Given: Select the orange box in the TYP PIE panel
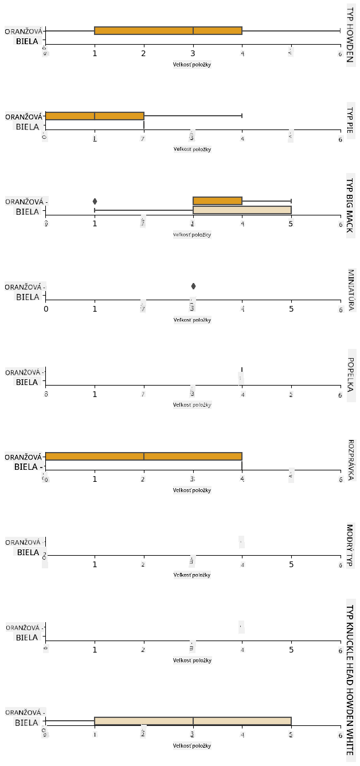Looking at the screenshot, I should (x=95, y=116).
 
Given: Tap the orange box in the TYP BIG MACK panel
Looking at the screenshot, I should (x=218, y=201).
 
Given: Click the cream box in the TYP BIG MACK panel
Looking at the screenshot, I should (x=242, y=210).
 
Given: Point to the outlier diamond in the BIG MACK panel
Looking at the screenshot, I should (x=95, y=201).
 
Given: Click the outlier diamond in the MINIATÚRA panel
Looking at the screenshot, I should (x=193, y=286).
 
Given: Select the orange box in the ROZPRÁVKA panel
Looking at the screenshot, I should (x=143, y=457).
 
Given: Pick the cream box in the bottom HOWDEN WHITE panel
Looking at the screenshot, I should (x=193, y=721).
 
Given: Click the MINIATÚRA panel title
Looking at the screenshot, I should (x=350, y=290).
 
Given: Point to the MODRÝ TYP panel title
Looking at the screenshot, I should (x=350, y=545).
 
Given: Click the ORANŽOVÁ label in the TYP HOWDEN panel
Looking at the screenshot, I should (x=23, y=32).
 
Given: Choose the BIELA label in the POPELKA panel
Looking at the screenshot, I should (x=27, y=382).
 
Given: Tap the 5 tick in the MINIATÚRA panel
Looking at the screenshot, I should (x=291, y=309).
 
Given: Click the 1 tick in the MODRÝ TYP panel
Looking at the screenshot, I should (x=95, y=564).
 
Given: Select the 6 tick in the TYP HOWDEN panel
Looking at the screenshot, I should (x=340, y=53).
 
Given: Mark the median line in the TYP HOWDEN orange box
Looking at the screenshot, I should (x=193, y=31).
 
